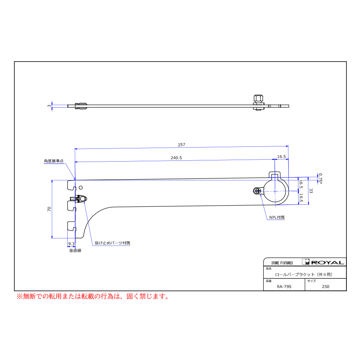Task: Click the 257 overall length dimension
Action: (x=181, y=145)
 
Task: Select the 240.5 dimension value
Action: (x=176, y=158)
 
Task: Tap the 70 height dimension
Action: (x=49, y=209)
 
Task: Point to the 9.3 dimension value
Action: (x=71, y=244)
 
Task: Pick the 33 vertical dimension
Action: (x=311, y=191)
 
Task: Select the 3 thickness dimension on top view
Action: (x=49, y=106)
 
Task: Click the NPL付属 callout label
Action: (x=277, y=217)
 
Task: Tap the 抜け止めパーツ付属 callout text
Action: (x=112, y=243)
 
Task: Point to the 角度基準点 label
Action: (x=54, y=161)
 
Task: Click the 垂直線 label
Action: (x=75, y=250)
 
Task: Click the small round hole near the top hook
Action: (x=80, y=188)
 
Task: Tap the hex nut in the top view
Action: (x=258, y=98)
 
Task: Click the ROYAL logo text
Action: (x=328, y=262)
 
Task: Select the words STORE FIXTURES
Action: (x=282, y=263)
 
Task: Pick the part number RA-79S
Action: (x=284, y=286)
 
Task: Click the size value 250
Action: (x=326, y=286)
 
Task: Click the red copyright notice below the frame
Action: (x=93, y=296)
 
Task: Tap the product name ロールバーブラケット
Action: (x=295, y=274)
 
